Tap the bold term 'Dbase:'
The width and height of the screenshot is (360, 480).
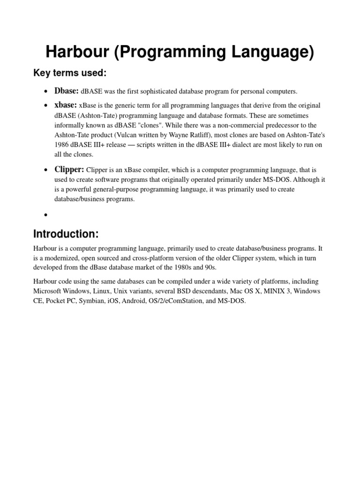tap(67, 90)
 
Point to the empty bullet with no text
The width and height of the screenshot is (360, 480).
tap(45, 215)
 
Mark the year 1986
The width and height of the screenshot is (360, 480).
tap(63, 145)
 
